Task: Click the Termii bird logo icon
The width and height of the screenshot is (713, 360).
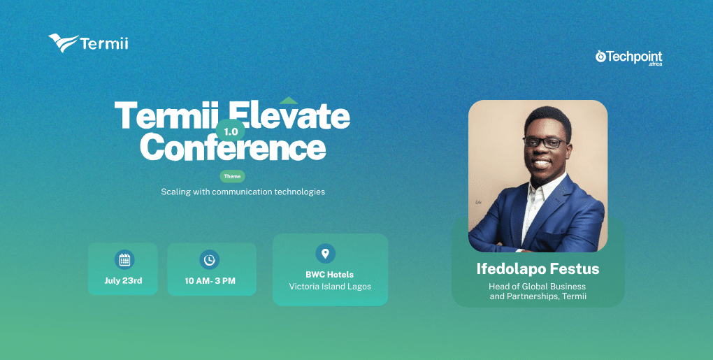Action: (63, 43)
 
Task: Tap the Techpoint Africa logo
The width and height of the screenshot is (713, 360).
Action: (629, 58)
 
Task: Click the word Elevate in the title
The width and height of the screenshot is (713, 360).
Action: (289, 115)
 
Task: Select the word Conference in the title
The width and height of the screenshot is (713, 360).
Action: (233, 146)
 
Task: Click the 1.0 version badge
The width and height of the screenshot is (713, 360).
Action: (231, 131)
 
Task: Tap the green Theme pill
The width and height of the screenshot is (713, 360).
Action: (232, 176)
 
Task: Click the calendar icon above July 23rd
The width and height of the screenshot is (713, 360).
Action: (124, 259)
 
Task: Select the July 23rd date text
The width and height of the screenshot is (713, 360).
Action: (123, 280)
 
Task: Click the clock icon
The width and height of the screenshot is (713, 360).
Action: (209, 259)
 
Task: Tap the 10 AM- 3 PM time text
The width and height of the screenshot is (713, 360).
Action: (210, 281)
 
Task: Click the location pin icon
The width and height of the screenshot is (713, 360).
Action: (325, 253)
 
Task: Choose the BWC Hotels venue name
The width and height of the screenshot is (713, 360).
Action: (330, 275)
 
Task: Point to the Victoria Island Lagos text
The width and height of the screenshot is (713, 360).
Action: (330, 287)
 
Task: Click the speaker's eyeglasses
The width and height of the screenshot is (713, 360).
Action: (545, 143)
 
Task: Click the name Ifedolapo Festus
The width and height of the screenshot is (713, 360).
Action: (538, 268)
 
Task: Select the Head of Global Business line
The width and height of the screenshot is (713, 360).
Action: (537, 287)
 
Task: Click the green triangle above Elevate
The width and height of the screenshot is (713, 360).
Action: (289, 101)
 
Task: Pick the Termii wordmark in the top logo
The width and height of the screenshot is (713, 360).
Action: (104, 43)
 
